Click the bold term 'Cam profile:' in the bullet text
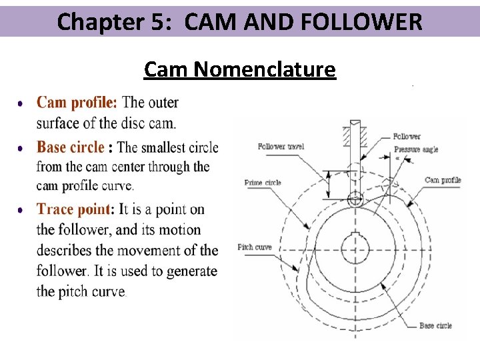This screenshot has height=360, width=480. click(x=77, y=103)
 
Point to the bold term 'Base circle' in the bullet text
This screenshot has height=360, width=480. click(x=71, y=147)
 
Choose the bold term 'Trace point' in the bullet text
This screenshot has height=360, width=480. click(x=74, y=209)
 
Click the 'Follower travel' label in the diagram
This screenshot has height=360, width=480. click(x=281, y=147)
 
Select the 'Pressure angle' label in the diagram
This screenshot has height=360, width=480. click(x=416, y=149)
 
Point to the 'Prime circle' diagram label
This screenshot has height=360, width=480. click(x=263, y=182)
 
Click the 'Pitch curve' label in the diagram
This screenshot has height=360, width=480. click(x=255, y=247)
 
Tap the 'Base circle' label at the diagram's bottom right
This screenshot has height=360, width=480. click(x=435, y=325)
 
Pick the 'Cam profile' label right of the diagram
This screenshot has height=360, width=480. click(x=443, y=180)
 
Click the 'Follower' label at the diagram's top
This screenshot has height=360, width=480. click(x=407, y=136)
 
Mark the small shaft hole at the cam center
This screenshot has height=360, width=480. click(x=355, y=250)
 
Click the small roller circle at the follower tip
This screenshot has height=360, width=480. click(x=355, y=197)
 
